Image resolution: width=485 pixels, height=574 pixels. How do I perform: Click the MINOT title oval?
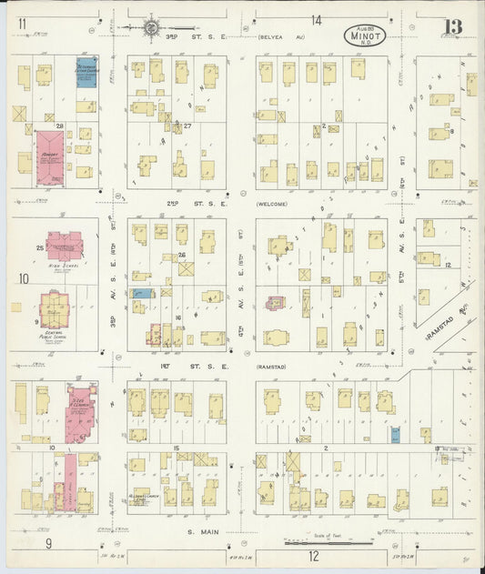pos(366,35)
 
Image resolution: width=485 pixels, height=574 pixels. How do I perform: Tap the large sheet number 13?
pos(452,27)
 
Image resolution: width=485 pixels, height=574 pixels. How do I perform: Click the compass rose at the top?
pos(149,27)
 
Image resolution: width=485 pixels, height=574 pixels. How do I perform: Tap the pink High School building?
pos(65,245)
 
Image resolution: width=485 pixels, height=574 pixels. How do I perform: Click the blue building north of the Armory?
pos(86,74)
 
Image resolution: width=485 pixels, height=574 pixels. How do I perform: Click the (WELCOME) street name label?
pos(272,204)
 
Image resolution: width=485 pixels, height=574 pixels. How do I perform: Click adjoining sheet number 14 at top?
pos(316,20)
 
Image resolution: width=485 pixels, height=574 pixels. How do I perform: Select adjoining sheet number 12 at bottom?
pos(313,555)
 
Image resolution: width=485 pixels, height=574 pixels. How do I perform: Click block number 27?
pos(187,126)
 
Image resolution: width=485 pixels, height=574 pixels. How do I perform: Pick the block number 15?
pos(175,448)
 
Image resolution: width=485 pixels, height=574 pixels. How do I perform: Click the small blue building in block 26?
pos(142,293)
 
